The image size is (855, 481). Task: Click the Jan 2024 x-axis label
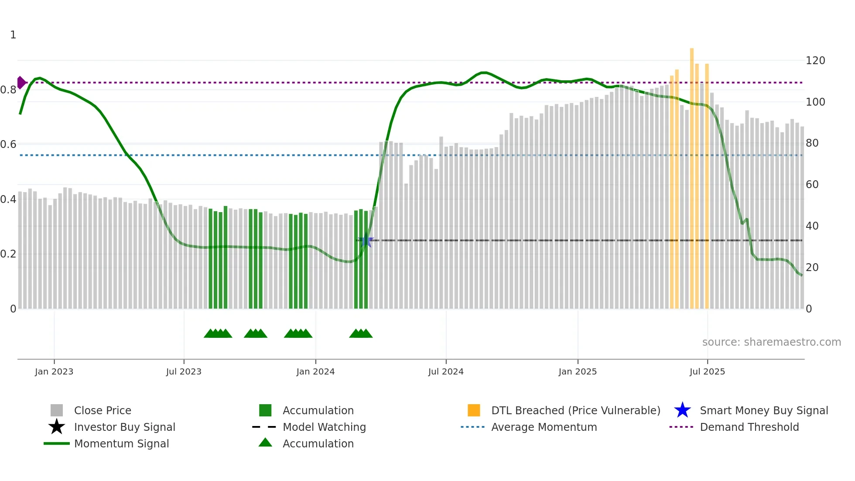click(315, 371)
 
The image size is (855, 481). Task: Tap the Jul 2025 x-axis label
click(707, 371)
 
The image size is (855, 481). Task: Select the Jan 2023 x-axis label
click(54, 371)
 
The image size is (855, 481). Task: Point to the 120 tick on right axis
click(815, 61)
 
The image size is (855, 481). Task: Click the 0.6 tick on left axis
click(8, 144)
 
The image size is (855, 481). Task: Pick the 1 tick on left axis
click(13, 35)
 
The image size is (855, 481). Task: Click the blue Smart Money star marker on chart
click(366, 240)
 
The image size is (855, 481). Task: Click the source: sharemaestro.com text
click(771, 342)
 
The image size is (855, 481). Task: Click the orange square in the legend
click(474, 410)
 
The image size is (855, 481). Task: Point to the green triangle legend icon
click(265, 443)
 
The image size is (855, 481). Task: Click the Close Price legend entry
click(103, 410)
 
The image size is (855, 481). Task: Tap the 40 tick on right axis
click(812, 226)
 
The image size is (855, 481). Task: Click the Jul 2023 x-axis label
click(184, 371)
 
